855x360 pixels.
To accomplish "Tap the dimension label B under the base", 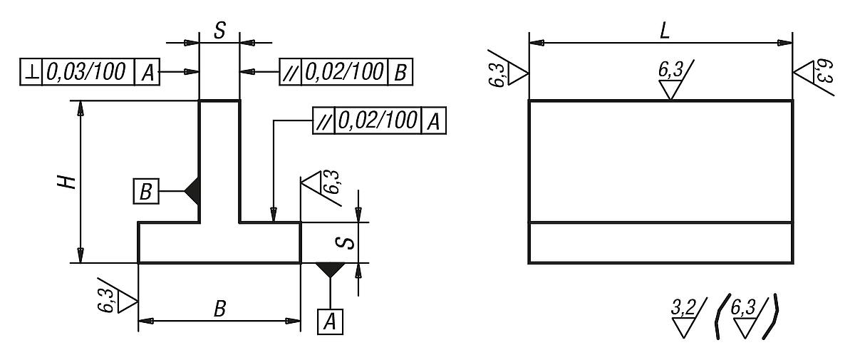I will tap(220, 309).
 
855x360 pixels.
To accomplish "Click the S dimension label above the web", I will tap(219, 31).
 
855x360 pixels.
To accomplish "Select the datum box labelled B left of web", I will tap(145, 191).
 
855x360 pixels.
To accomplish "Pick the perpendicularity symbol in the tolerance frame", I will tap(31, 71).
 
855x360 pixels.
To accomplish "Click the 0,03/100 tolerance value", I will tap(88, 71).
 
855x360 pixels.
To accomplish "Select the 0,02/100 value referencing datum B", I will tap(345, 71).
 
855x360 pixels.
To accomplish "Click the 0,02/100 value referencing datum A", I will tap(378, 120).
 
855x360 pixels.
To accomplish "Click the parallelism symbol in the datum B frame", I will tap(291, 71).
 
